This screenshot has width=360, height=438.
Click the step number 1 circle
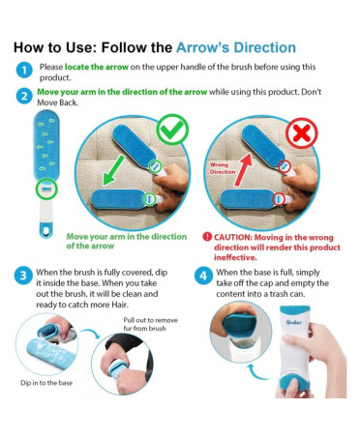(x=24, y=70)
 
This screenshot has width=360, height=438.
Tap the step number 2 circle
(x=24, y=96)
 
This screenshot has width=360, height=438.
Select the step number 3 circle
(x=23, y=276)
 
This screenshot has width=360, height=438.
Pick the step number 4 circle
(x=203, y=276)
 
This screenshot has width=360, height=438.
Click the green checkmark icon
(x=172, y=130)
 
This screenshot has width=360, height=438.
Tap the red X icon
(x=302, y=132)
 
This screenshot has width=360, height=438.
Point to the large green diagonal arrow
(x=113, y=170)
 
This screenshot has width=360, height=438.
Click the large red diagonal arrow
(x=243, y=169)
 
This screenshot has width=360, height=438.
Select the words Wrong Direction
(x=223, y=168)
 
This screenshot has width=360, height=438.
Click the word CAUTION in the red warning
(x=232, y=238)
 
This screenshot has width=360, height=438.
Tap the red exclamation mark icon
(x=207, y=237)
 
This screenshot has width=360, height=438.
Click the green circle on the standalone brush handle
(x=46, y=189)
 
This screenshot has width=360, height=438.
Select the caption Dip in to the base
(x=46, y=383)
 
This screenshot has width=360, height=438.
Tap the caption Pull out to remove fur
(x=150, y=324)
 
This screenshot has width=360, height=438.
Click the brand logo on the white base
(x=293, y=321)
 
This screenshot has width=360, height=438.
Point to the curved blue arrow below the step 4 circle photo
(x=258, y=371)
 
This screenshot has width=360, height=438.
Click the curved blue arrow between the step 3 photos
(x=91, y=334)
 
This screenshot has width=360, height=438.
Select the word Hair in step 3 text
(x=120, y=305)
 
